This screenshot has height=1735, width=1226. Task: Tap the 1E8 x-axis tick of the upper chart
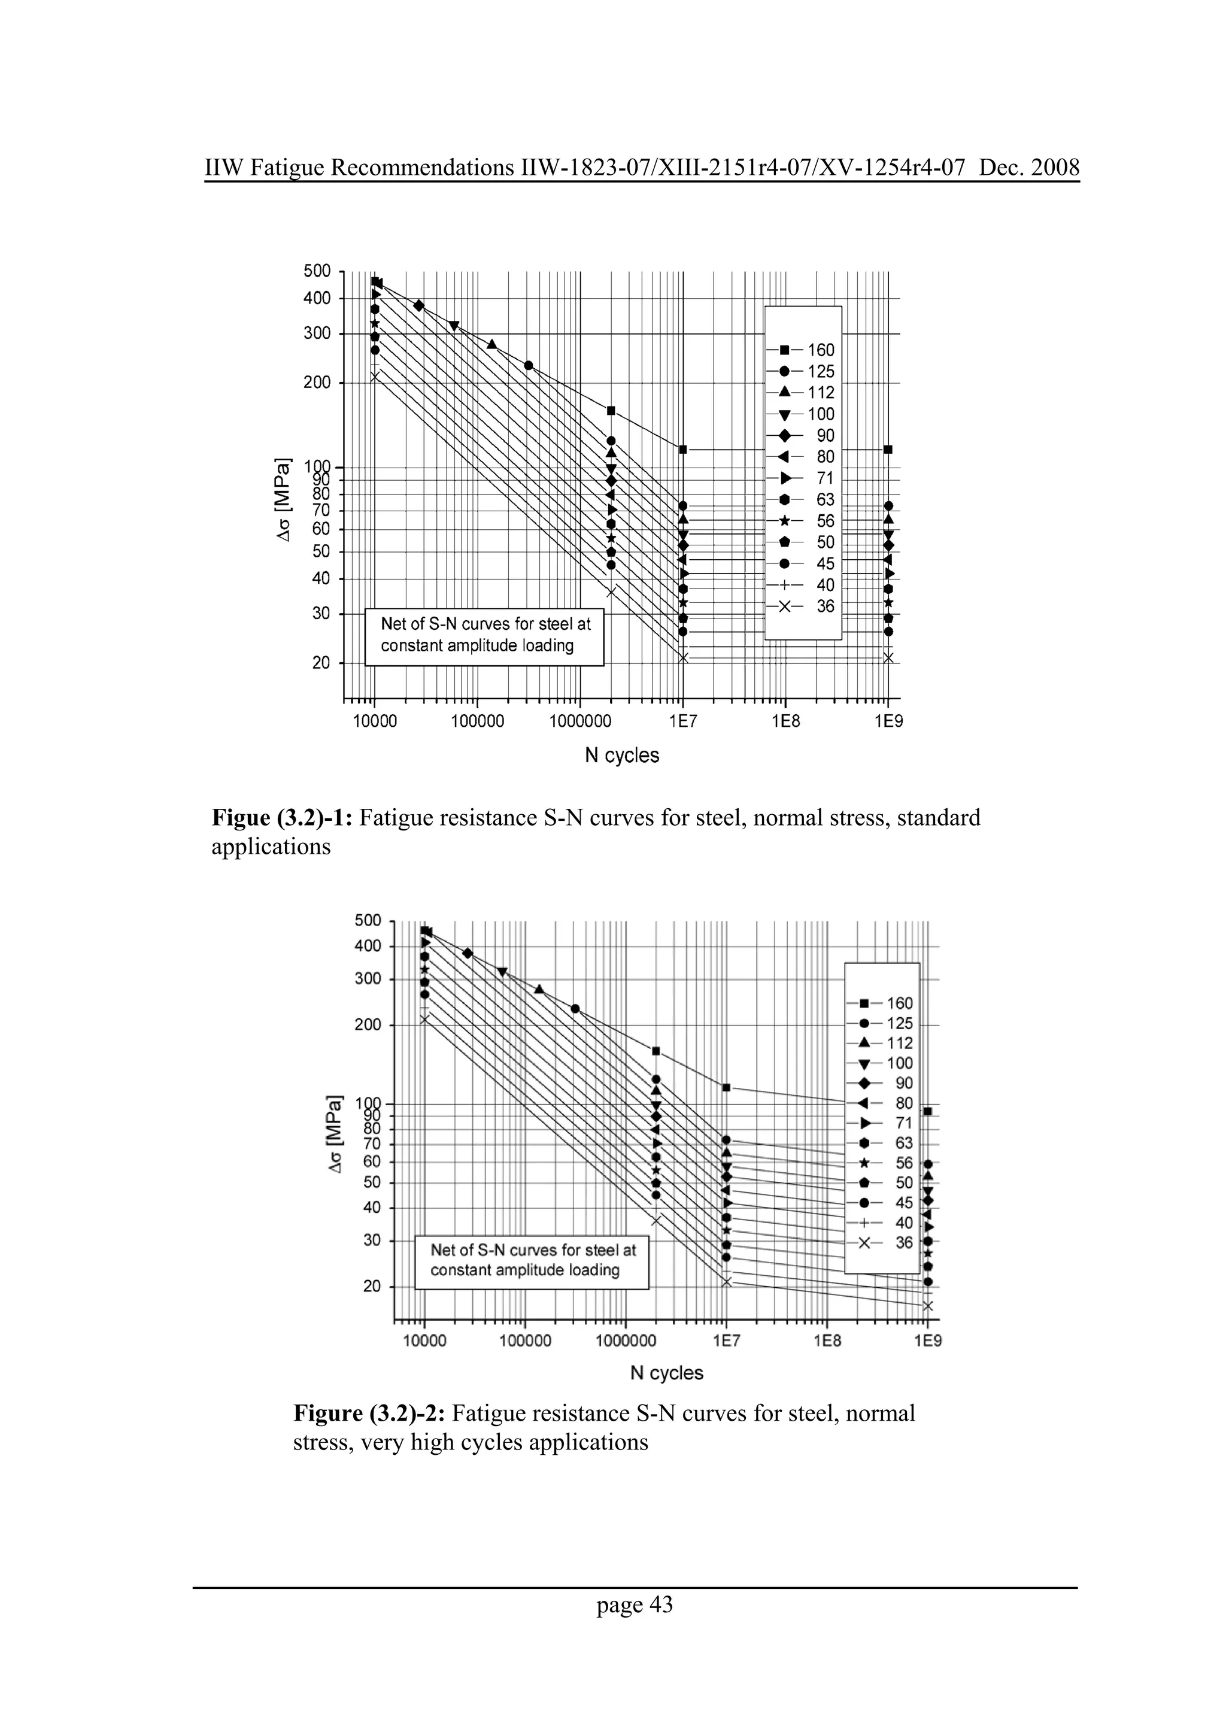click(x=785, y=721)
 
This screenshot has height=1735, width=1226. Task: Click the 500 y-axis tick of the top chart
click(x=317, y=271)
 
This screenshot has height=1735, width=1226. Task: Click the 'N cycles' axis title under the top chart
click(x=623, y=755)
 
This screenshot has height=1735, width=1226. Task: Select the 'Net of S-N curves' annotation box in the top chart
click(x=484, y=637)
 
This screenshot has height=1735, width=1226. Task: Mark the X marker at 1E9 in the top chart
click(x=888, y=658)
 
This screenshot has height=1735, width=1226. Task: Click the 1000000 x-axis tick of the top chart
click(x=580, y=721)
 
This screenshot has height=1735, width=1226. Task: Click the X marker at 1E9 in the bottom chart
click(x=928, y=1306)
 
